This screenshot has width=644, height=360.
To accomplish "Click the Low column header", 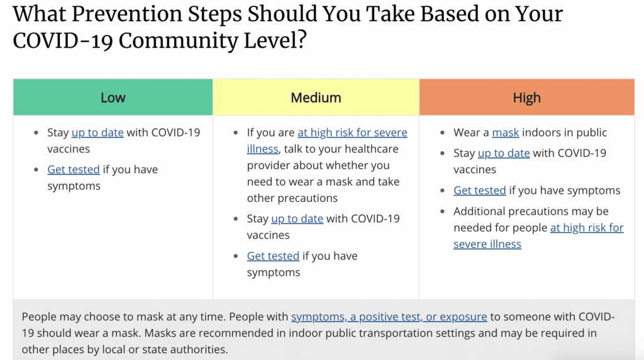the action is tap(113, 98).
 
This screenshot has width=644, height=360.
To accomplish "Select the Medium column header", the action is tap(316, 98).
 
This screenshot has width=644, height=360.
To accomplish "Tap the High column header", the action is tap(527, 98).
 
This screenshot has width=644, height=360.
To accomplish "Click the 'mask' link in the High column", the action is tap(506, 133).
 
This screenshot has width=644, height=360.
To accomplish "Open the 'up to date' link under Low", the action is tap(97, 133).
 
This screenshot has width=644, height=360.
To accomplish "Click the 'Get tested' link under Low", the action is tap(74, 169).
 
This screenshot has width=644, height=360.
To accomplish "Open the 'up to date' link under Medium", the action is tap(297, 218).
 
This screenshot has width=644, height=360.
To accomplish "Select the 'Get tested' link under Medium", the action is tap(273, 256).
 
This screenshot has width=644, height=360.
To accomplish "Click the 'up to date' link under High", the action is tap(504, 154).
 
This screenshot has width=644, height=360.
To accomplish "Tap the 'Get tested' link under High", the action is tap(480, 190).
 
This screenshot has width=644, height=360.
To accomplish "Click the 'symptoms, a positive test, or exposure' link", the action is tap(389, 317).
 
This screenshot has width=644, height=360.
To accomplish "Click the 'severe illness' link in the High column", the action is tap(487, 244).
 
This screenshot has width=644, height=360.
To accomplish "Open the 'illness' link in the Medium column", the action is tap(262, 149).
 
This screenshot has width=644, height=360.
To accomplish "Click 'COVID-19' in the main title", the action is tap(63, 41).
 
